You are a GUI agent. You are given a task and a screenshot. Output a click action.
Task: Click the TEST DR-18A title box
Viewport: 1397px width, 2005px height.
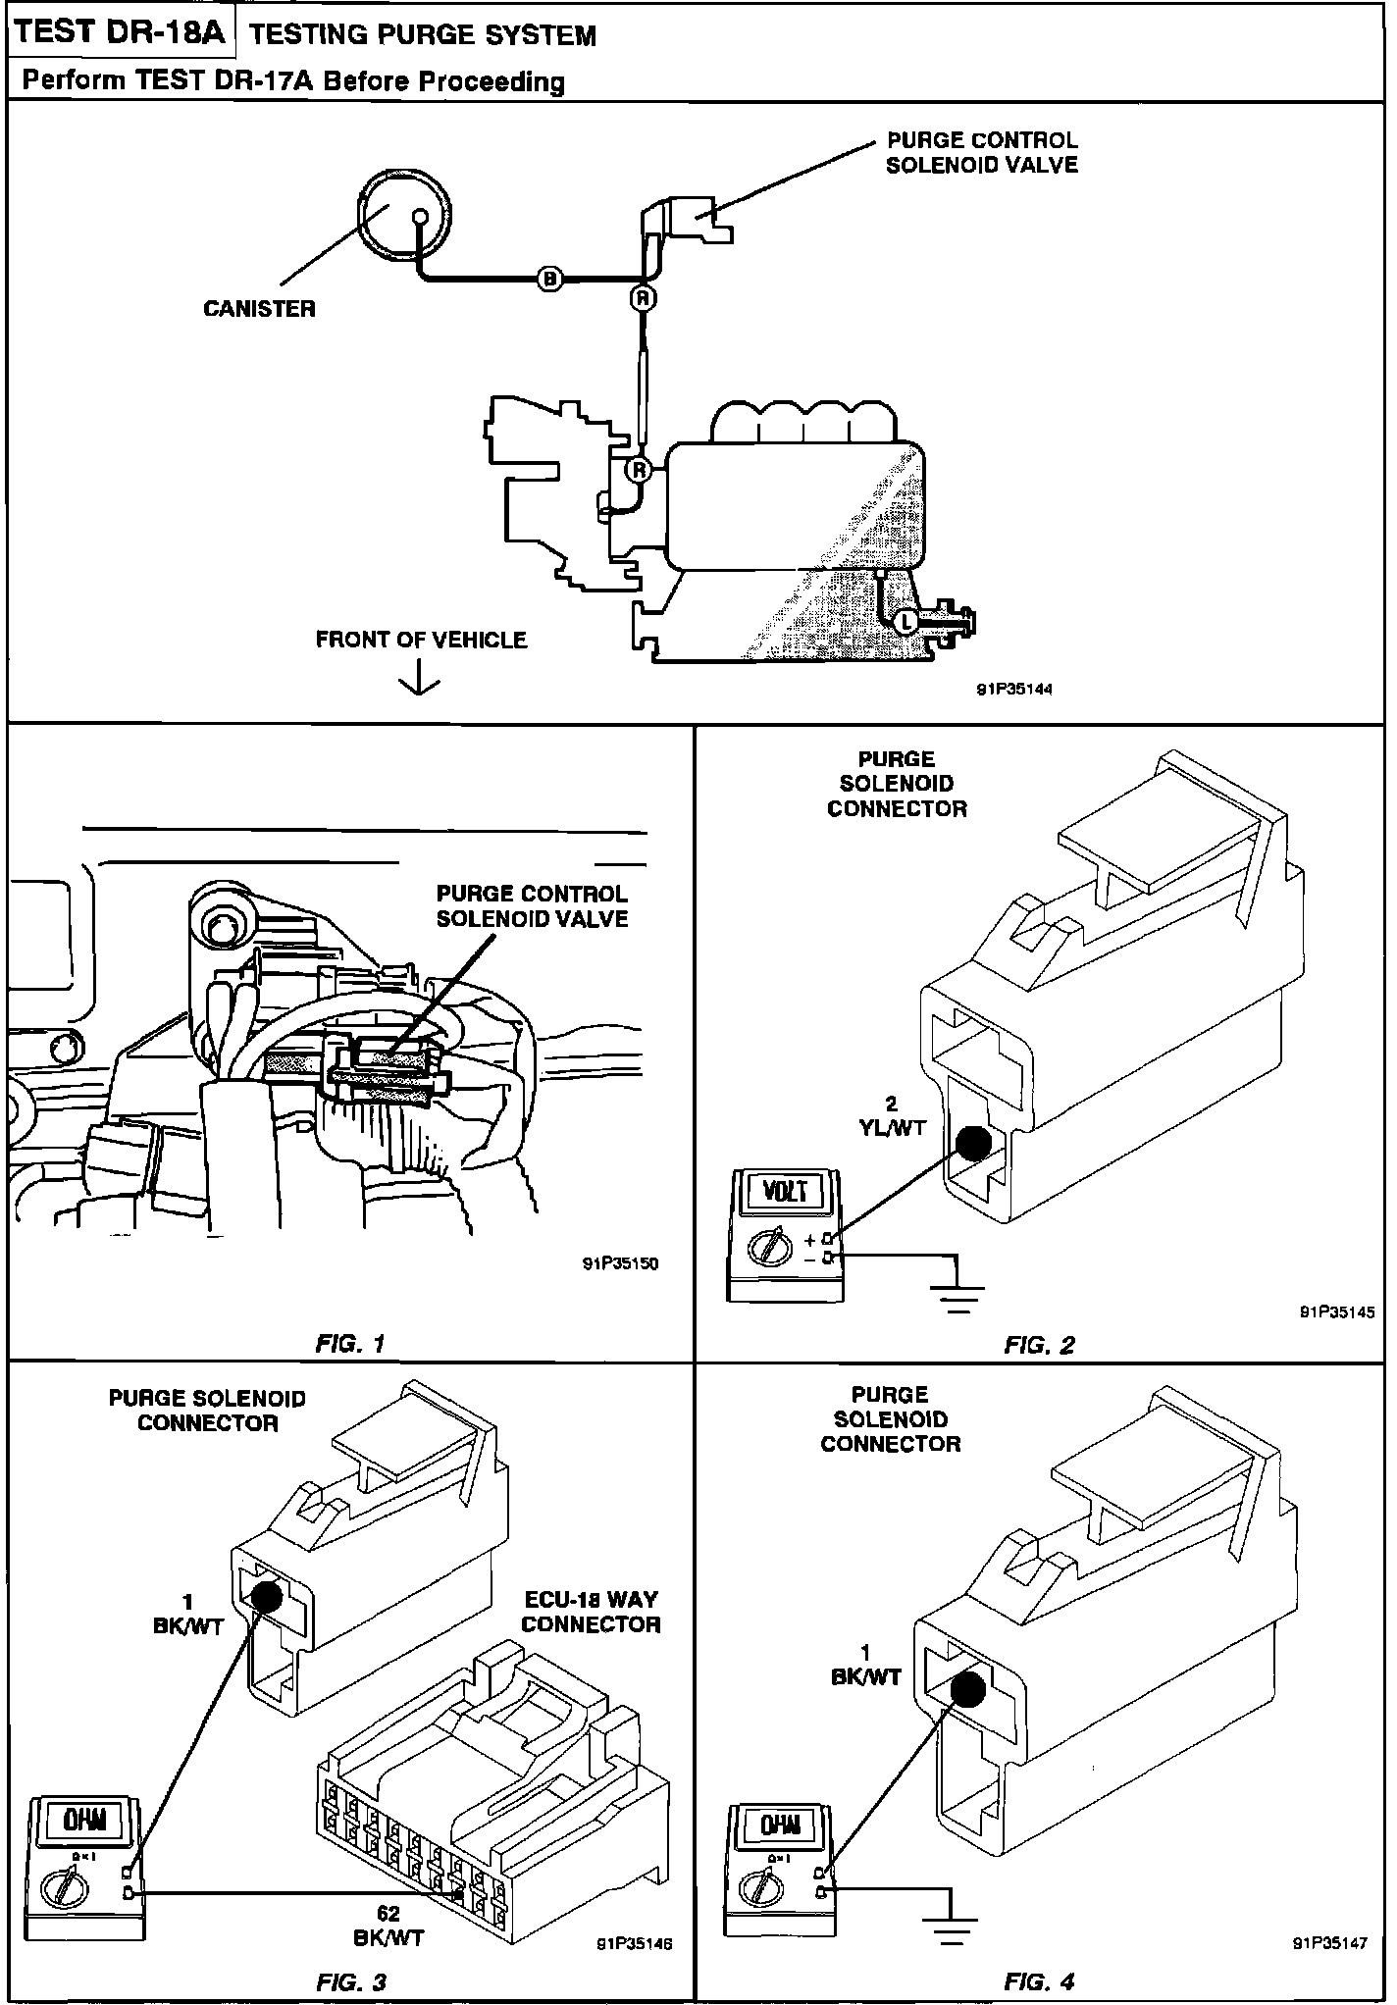[121, 33]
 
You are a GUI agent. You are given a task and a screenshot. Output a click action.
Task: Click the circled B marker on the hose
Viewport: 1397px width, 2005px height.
[550, 280]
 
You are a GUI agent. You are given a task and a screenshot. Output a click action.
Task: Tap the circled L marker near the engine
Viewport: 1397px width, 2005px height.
[905, 620]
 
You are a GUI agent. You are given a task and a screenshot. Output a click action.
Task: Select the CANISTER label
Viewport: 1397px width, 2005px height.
[259, 309]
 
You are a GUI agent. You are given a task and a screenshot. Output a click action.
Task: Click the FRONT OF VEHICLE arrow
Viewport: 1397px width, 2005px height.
[421, 678]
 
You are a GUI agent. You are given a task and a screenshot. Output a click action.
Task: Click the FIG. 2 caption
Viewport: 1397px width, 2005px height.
[1039, 1345]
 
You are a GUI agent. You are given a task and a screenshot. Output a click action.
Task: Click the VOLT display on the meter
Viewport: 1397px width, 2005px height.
[786, 1191]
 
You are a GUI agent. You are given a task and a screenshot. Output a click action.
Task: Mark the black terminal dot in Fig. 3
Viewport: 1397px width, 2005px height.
[266, 1597]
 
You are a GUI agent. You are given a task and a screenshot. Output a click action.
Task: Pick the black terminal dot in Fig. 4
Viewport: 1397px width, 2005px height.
[967, 1689]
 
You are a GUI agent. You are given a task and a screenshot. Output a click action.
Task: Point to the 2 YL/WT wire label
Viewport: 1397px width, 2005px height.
[892, 1117]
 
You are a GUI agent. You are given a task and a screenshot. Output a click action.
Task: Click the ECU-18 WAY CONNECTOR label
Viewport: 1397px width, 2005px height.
[591, 1612]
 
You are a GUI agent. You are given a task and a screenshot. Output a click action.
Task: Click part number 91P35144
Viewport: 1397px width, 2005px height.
[1014, 690]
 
